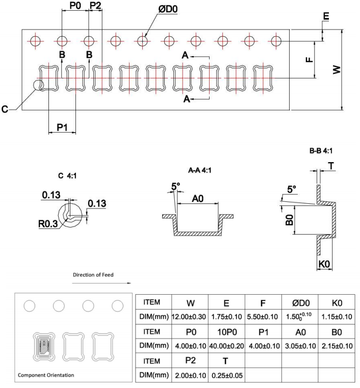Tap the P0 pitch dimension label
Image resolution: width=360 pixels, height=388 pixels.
click(74, 5)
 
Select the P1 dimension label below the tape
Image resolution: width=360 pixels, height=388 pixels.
click(62, 127)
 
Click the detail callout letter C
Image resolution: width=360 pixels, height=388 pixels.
click(5, 109)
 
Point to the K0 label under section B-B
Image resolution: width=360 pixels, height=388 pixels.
click(324, 265)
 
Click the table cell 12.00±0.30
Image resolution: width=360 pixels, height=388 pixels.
click(190, 317)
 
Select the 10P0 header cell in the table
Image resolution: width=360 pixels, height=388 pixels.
click(226, 331)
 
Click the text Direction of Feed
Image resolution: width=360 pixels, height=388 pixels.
click(93, 275)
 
